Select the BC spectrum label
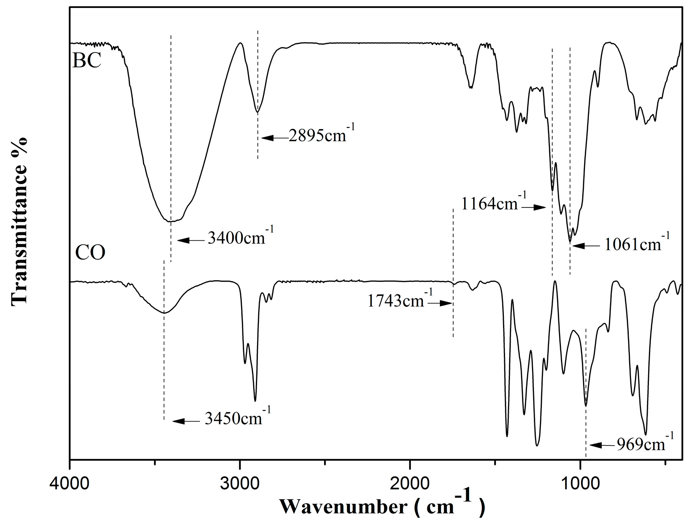(x=87, y=60)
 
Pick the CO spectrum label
(x=90, y=252)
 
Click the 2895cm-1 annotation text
(x=321, y=135)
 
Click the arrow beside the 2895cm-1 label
(x=274, y=138)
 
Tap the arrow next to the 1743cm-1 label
(x=440, y=303)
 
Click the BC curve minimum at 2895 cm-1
(x=258, y=112)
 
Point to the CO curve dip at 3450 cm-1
(x=164, y=313)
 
